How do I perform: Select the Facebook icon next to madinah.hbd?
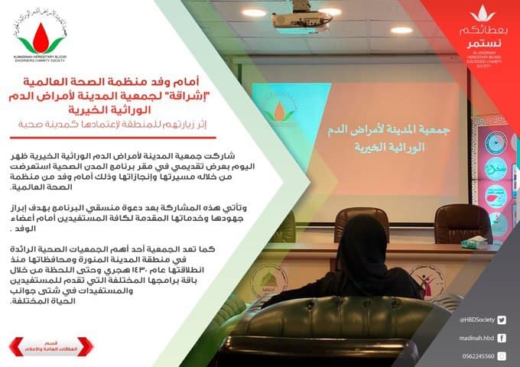coord(501,336)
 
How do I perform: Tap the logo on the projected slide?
coord(280,111)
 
